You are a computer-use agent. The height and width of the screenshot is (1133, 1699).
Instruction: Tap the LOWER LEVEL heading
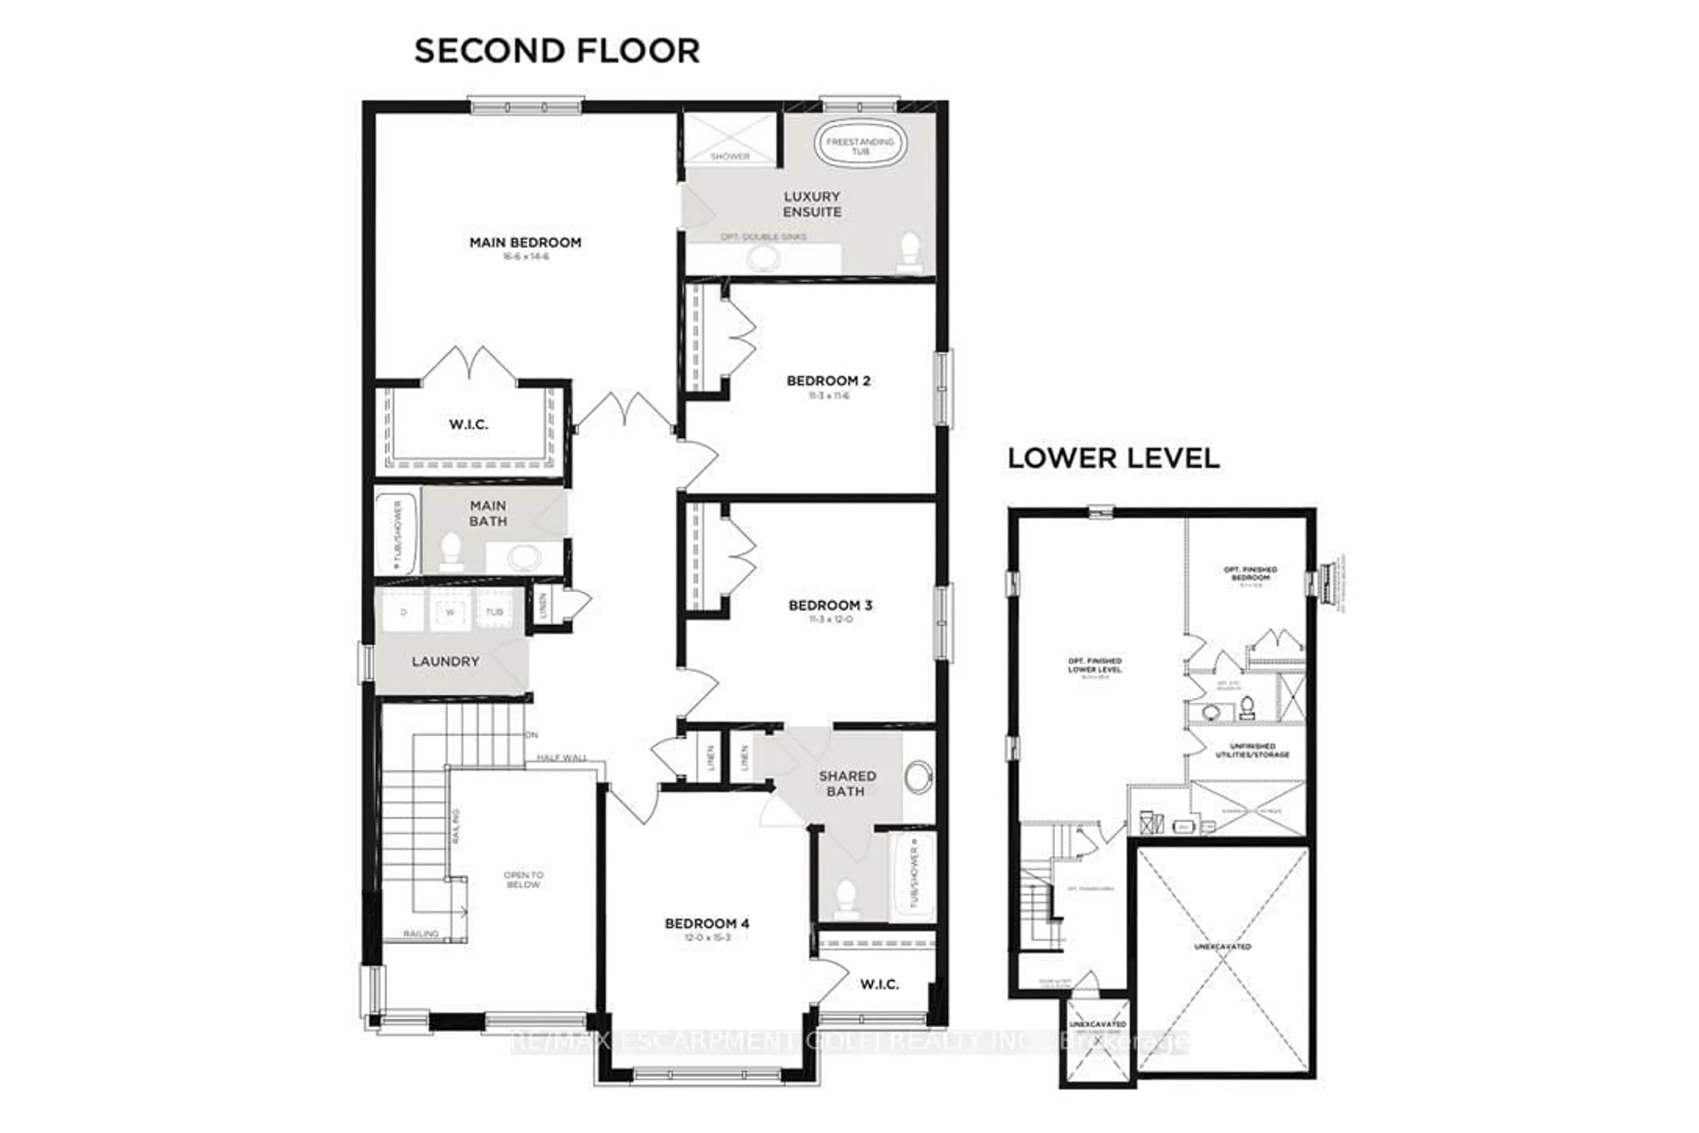[1113, 458]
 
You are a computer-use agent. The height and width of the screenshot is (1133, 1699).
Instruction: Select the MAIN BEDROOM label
[525, 243]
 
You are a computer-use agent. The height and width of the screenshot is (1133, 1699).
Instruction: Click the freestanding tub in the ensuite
[860, 145]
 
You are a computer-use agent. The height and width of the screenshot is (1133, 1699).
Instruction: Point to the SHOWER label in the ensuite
[730, 156]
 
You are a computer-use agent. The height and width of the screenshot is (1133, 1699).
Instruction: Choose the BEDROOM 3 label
[830, 605]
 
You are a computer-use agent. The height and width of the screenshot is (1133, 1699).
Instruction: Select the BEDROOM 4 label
[707, 924]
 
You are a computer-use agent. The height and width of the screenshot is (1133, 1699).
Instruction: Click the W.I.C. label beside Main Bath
[468, 425]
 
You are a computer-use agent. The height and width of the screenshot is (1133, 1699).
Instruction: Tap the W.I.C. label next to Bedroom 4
[879, 984]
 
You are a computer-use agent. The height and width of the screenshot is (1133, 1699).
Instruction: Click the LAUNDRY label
[445, 661]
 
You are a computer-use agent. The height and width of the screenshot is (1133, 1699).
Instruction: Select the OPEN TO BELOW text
[523, 879]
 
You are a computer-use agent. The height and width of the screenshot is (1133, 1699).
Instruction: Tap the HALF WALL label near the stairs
[561, 757]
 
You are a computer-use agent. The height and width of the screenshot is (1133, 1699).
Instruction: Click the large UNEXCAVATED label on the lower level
[1222, 947]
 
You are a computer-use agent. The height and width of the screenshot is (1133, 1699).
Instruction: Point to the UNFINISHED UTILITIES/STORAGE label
[1251, 750]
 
